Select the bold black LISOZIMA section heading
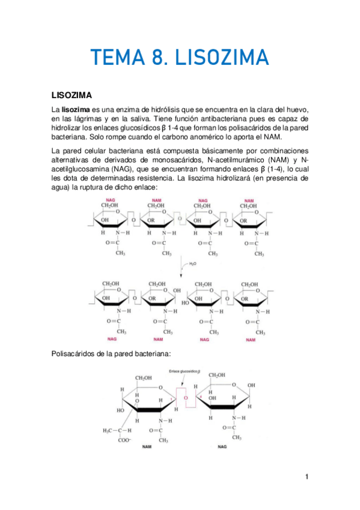71,95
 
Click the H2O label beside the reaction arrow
192,264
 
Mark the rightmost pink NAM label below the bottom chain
249,339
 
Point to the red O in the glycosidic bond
186,398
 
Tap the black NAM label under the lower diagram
146,447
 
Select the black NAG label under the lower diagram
222,447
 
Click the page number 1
306,477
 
